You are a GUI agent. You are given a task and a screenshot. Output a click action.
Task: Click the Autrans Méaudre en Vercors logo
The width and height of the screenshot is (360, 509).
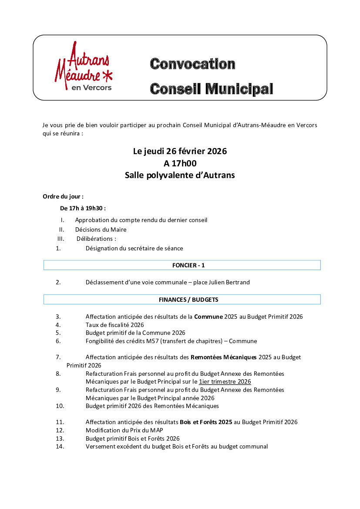click(x=83, y=67)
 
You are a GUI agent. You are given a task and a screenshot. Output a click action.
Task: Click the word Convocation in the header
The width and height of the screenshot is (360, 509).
click(x=192, y=64)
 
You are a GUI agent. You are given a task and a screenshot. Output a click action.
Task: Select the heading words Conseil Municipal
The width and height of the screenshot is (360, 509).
click(x=211, y=89)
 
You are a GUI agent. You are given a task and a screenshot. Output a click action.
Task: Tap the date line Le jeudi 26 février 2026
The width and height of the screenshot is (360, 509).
click(x=180, y=152)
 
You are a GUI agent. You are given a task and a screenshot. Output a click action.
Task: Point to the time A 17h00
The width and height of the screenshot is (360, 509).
click(x=180, y=163)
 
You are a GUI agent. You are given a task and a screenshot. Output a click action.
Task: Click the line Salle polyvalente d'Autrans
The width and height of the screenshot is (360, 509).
click(x=180, y=175)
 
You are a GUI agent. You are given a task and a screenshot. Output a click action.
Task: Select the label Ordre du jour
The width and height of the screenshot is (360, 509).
click(x=63, y=196)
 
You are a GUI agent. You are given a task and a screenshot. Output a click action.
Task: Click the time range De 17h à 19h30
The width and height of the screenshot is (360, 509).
click(x=83, y=208)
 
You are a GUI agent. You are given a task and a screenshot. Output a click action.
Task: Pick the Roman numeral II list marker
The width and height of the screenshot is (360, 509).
click(x=62, y=229)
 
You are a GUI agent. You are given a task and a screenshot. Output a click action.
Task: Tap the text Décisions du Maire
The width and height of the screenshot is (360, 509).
click(x=101, y=229)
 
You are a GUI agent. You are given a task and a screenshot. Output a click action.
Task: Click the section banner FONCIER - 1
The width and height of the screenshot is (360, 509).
click(x=182, y=265)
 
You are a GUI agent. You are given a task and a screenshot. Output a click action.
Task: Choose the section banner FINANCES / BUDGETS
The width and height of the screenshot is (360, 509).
click(x=182, y=300)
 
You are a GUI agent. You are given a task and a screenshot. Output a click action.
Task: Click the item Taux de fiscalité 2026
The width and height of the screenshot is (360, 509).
click(x=114, y=325)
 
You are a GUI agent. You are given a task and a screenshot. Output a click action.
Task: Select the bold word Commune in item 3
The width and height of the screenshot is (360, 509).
click(x=208, y=317)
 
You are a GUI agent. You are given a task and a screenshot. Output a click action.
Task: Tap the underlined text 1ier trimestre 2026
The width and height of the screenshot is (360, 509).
click(x=225, y=381)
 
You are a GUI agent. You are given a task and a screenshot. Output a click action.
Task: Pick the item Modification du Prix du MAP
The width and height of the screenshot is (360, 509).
click(x=124, y=430)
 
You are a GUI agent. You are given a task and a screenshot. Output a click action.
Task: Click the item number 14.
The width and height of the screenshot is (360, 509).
click(x=60, y=446)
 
